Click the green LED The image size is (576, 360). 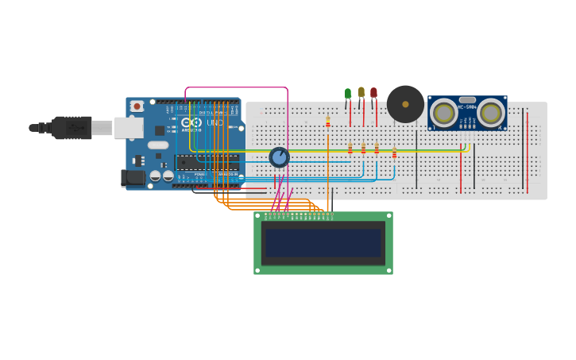tap(348, 94)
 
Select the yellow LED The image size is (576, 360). tap(361, 92)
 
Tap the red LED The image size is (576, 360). tap(373, 93)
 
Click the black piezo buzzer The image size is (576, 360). tap(405, 104)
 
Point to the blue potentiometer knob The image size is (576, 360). tap(279, 157)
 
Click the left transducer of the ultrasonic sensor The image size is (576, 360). tap(443, 113)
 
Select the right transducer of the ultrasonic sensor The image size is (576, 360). tap(491, 113)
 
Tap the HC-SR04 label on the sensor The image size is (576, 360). tap(467, 107)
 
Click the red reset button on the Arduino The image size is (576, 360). tap(137, 106)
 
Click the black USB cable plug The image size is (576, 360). tap(72, 127)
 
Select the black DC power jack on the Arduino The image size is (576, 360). tap(132, 178)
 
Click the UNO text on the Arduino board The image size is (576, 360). tap(215, 122)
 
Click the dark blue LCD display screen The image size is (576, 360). tap(323, 243)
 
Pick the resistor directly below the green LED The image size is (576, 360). tap(350, 149)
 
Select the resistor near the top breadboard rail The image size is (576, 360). tap(327, 122)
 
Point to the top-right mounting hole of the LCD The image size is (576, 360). tap(389, 215)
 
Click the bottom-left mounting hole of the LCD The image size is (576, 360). tap(257, 270)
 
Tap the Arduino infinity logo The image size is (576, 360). tap(192, 122)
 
